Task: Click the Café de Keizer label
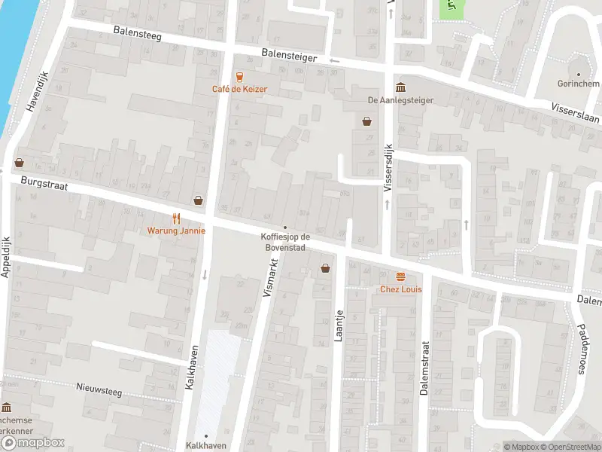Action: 239,89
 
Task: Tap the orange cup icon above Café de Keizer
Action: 239,76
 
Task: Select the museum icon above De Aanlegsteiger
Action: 400,87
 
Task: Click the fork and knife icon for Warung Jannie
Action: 176,218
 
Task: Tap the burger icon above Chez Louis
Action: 400,276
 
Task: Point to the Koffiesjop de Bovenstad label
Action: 284,243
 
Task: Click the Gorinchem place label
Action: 578,86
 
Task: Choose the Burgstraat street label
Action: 45,182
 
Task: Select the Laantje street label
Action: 339,325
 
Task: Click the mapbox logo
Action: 33,442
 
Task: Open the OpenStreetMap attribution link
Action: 570,447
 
